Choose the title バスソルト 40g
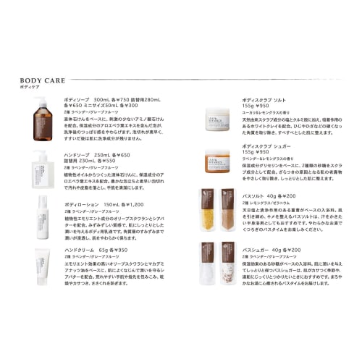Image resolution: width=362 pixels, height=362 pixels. pyautogui.click(x=266, y=196)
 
